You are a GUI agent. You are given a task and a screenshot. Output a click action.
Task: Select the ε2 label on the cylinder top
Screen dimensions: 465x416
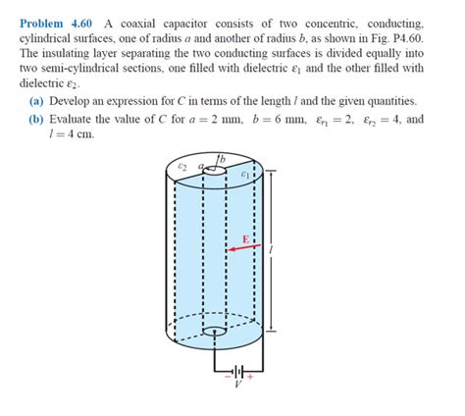click(181, 169)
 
